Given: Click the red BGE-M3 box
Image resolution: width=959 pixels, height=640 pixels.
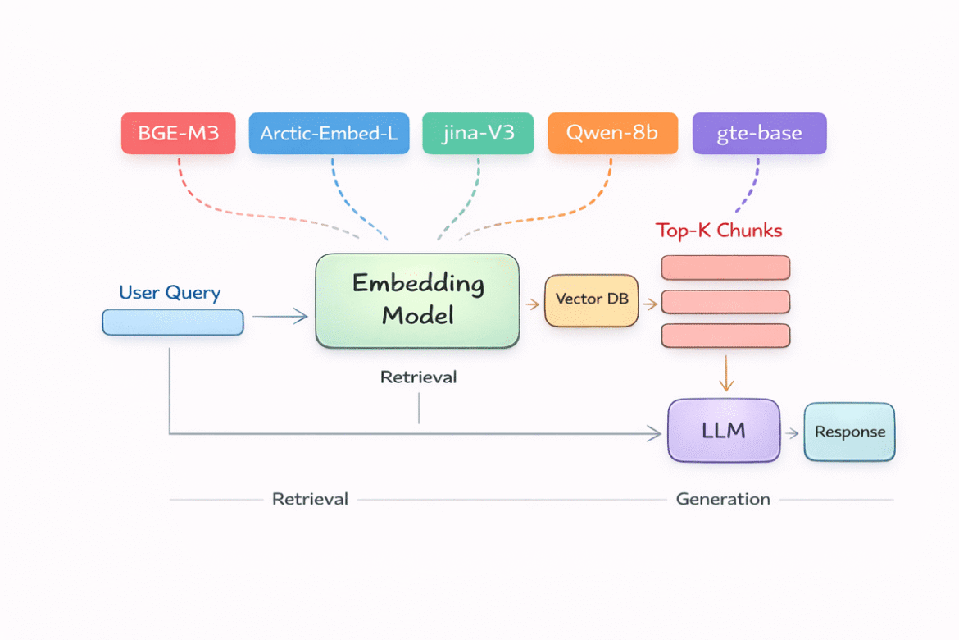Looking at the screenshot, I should pyautogui.click(x=179, y=134).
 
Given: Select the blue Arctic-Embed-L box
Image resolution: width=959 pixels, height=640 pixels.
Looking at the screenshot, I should pyautogui.click(x=329, y=134).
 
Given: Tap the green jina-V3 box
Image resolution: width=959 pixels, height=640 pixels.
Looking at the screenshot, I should pyautogui.click(x=478, y=134).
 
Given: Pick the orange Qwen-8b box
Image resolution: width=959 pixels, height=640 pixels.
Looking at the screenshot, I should pyautogui.click(x=612, y=134).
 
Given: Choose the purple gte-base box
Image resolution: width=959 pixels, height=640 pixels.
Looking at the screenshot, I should pyautogui.click(x=759, y=134).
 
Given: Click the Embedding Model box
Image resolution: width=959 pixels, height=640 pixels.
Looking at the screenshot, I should pyautogui.click(x=417, y=300).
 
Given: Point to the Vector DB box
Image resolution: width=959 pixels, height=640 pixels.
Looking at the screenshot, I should pyautogui.click(x=591, y=300).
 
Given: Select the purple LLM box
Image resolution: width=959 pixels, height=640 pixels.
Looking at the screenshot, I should pyautogui.click(x=724, y=431).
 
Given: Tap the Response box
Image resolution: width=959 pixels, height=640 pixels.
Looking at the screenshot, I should pyautogui.click(x=849, y=432).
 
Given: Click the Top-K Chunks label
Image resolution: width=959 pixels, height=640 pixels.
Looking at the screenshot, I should pyautogui.click(x=719, y=231).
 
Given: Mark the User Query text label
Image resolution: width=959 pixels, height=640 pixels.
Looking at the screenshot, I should pyautogui.click(x=170, y=293).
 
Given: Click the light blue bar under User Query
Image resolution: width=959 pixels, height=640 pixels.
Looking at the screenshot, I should pyautogui.click(x=173, y=322).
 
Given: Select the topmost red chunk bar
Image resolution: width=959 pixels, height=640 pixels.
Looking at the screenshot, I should pyautogui.click(x=725, y=267).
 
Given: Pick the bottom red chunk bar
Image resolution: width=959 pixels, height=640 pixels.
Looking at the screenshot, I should pyautogui.click(x=725, y=336).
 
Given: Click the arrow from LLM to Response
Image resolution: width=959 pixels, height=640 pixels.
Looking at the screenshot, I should pyautogui.click(x=792, y=432).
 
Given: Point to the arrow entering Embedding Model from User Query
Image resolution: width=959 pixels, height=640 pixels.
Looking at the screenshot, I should pyautogui.click(x=280, y=317).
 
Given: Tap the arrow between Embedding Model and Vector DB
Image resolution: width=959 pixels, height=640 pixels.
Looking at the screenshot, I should pyautogui.click(x=532, y=304).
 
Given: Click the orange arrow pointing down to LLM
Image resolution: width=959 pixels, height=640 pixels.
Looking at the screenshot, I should pyautogui.click(x=725, y=373).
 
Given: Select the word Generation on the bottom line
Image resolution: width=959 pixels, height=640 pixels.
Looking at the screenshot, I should pyautogui.click(x=722, y=499).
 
